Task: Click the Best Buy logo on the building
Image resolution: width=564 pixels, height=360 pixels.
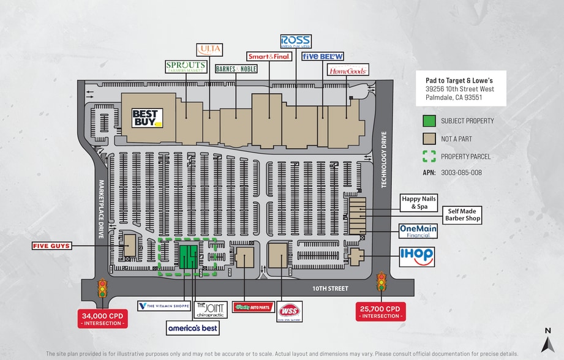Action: click(148, 118)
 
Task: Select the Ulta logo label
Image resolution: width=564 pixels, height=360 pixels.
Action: click(209, 50)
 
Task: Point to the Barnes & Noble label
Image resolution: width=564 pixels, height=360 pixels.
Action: click(236, 69)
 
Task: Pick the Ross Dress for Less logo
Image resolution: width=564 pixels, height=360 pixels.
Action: click(296, 42)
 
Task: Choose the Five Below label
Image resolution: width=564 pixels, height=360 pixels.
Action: click(323, 56)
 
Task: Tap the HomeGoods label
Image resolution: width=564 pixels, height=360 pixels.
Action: click(348, 71)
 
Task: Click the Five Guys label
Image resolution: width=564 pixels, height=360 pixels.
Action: click(52, 246)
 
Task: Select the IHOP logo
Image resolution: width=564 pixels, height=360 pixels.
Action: click(417, 257)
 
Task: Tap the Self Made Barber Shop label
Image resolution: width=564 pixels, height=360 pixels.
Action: click(462, 214)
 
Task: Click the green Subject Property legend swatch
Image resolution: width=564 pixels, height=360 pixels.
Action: click(429, 121)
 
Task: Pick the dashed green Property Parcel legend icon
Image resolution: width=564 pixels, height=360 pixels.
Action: click(429, 156)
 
